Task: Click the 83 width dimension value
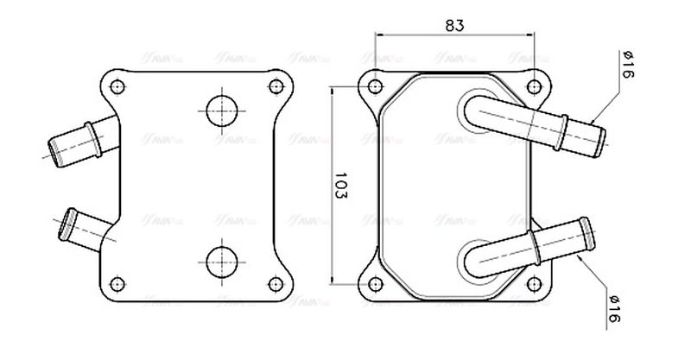pyautogui.click(x=454, y=25)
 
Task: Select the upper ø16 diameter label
pyautogui.click(x=628, y=66)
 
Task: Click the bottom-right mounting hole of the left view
pyautogui.click(x=276, y=283)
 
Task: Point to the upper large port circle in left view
pyautogui.click(x=221, y=110)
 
